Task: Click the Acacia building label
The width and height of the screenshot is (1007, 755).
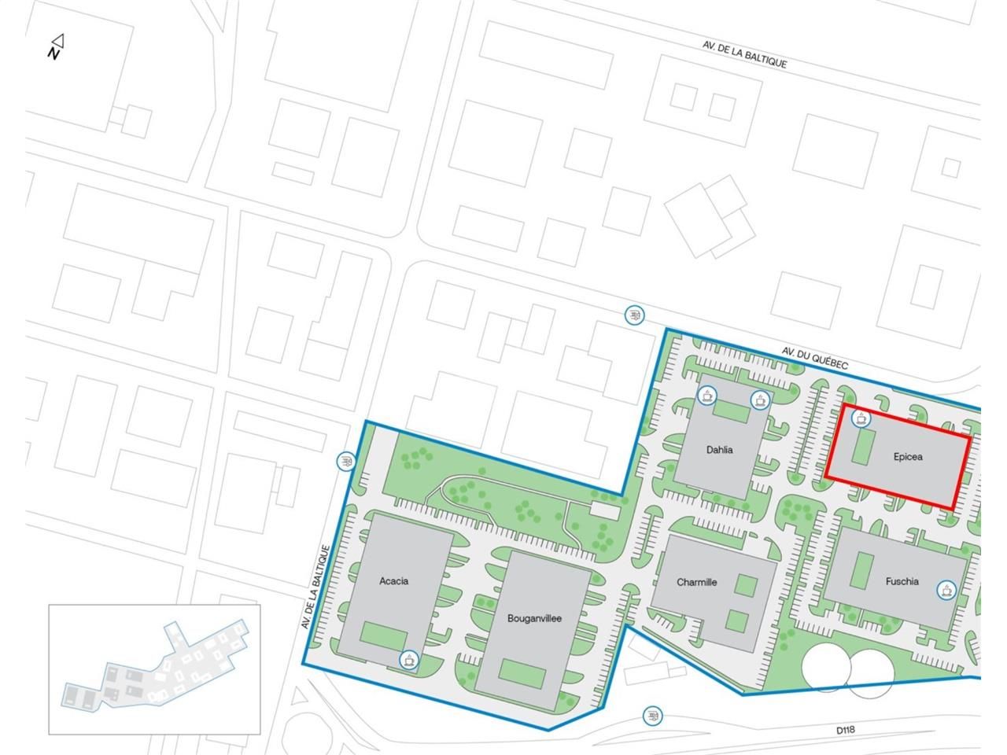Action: pyautogui.click(x=393, y=581)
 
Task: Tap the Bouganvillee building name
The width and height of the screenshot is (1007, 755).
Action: pyautogui.click(x=534, y=618)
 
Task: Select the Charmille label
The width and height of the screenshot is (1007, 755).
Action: pyautogui.click(x=696, y=582)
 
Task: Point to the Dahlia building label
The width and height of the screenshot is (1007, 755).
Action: pyautogui.click(x=719, y=450)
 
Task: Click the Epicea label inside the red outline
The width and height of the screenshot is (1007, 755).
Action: pyautogui.click(x=908, y=456)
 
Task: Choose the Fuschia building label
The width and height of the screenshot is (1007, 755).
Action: pyautogui.click(x=902, y=581)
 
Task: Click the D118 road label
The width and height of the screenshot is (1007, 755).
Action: pyautogui.click(x=846, y=730)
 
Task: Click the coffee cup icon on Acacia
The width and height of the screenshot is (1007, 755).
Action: pyautogui.click(x=408, y=660)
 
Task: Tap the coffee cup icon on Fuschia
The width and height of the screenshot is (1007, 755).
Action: pyautogui.click(x=946, y=589)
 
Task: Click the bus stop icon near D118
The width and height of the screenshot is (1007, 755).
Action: pyautogui.click(x=652, y=716)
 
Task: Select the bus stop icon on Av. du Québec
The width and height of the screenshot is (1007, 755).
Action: pyautogui.click(x=634, y=315)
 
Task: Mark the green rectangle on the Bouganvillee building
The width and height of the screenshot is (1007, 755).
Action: pyautogui.click(x=522, y=673)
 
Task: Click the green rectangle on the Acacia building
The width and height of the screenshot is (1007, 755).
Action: pyautogui.click(x=385, y=635)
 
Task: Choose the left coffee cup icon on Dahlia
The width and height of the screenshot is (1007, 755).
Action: pyautogui.click(x=708, y=395)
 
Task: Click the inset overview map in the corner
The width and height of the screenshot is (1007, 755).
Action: pyautogui.click(x=154, y=669)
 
